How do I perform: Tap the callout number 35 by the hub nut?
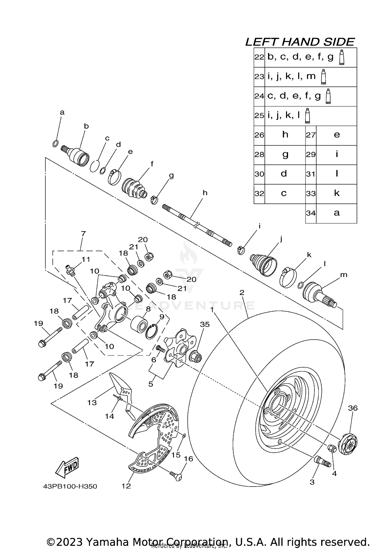click(x=205, y=324)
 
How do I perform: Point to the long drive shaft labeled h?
click(x=197, y=224)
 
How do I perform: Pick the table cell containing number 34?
click(x=311, y=213)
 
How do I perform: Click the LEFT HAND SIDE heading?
click(x=300, y=42)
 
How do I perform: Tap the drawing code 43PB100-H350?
click(x=70, y=487)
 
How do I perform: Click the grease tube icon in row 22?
click(x=342, y=58)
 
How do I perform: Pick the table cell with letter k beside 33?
click(x=337, y=193)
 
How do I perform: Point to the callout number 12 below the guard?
click(x=126, y=486)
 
